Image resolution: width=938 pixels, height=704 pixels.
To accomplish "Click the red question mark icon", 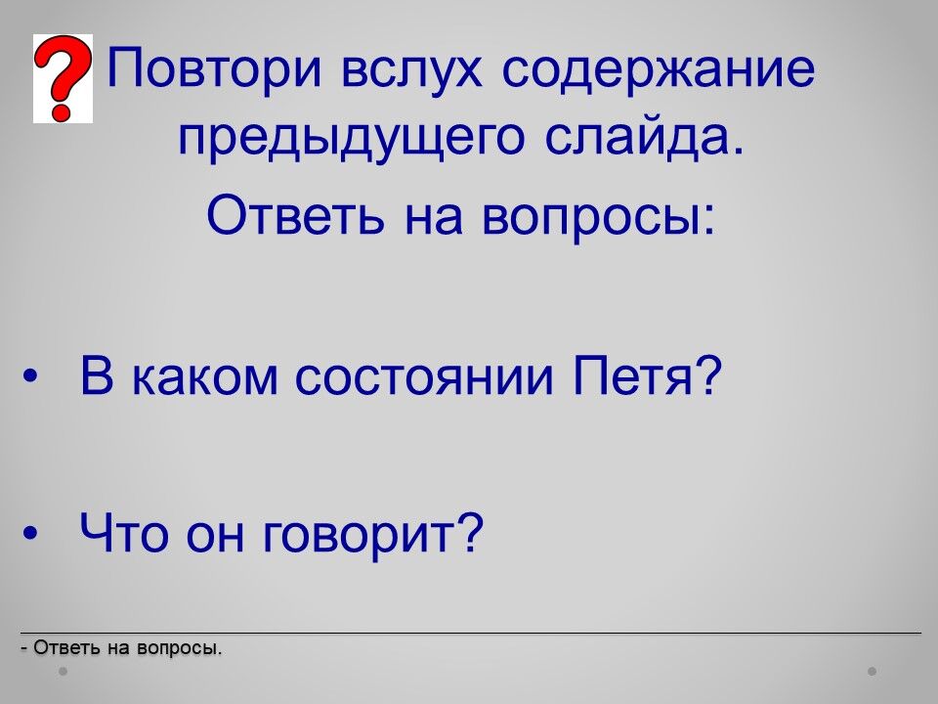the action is (63, 78).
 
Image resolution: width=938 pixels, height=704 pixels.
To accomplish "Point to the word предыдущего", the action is (352, 138).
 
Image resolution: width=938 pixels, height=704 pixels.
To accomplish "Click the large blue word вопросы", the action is (598, 218).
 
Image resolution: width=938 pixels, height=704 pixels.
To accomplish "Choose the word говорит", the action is (359, 537).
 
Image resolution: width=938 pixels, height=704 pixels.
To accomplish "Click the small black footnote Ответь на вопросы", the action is (121, 647).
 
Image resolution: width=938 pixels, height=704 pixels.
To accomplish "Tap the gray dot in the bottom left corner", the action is (63, 672).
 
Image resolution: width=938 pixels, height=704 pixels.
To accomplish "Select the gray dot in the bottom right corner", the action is (873, 672).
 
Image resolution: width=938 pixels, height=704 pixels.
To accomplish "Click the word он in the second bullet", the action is (215, 537).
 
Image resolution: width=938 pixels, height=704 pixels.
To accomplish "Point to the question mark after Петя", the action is (709, 375).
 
